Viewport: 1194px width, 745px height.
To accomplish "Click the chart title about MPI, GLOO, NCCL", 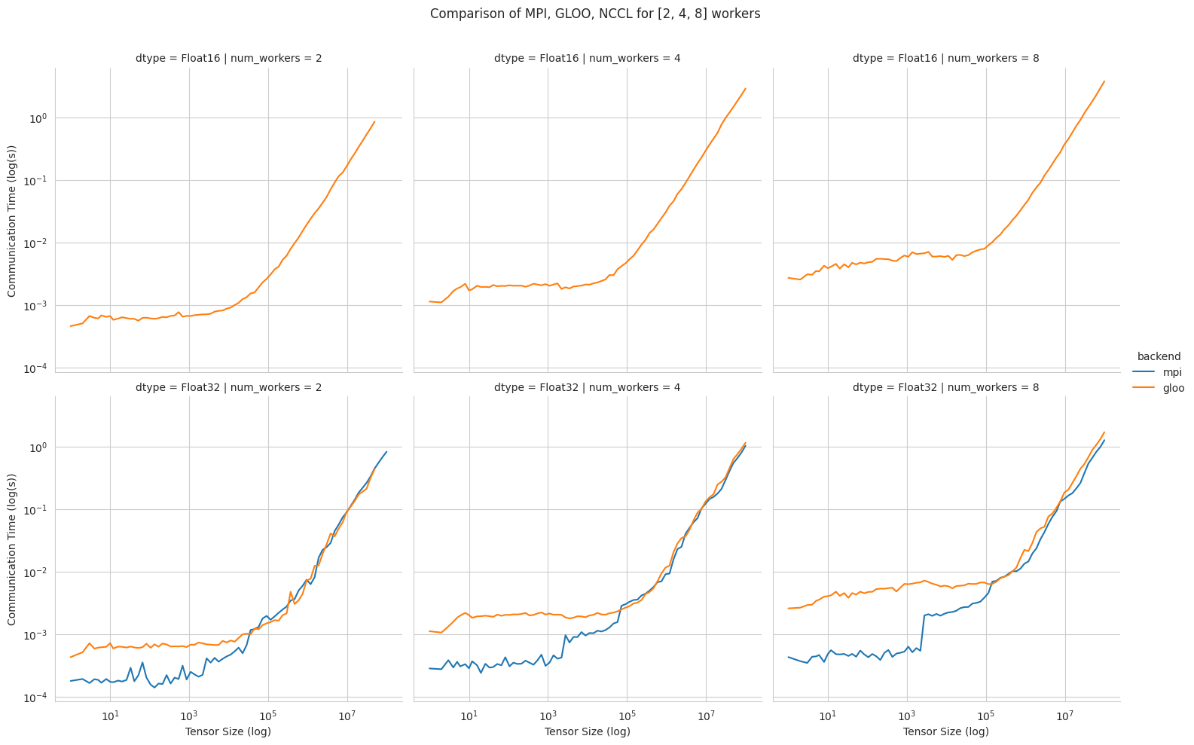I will click(x=595, y=14).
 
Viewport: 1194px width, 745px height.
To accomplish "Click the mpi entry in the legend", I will click(x=1151, y=372).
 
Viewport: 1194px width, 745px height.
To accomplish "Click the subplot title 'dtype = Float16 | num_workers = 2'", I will click(x=228, y=58).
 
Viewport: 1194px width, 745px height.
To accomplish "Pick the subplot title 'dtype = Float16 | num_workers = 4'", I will click(x=587, y=58).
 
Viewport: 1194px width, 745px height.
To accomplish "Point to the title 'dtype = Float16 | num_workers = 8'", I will click(x=946, y=58).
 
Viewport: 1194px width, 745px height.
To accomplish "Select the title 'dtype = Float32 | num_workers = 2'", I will click(x=228, y=387).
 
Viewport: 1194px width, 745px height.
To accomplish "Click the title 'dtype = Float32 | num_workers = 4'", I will click(x=587, y=387).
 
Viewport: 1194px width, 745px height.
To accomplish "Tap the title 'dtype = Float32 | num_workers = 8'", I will click(x=946, y=387).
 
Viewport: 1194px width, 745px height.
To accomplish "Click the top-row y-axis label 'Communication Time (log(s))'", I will click(x=12, y=219).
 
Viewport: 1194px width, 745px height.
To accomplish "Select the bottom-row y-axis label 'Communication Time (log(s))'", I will click(x=12, y=548).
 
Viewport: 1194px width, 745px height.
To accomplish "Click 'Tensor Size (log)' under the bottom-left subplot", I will click(x=228, y=731).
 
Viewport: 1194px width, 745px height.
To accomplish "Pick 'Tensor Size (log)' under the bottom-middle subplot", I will click(x=587, y=731).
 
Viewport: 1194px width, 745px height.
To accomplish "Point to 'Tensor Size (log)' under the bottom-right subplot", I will click(x=946, y=731).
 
